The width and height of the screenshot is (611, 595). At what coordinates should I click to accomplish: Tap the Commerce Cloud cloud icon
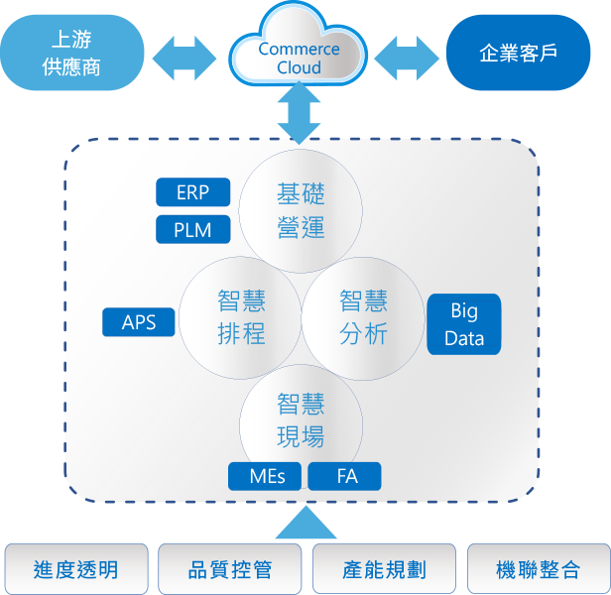pyautogui.click(x=299, y=55)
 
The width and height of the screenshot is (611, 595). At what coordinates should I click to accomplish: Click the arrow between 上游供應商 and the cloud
pyautogui.click(x=187, y=59)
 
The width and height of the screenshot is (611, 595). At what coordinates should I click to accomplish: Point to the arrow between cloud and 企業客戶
pyautogui.click(x=407, y=59)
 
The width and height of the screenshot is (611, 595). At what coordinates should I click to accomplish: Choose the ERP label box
pyautogui.click(x=192, y=192)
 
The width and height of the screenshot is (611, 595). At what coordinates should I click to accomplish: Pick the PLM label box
pyautogui.click(x=192, y=230)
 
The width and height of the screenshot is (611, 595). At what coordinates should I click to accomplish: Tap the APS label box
pyautogui.click(x=139, y=322)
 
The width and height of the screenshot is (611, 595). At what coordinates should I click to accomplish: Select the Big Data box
pyautogui.click(x=463, y=324)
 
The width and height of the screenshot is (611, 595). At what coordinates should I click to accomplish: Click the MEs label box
pyautogui.click(x=265, y=476)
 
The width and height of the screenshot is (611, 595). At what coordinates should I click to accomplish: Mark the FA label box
pyautogui.click(x=346, y=476)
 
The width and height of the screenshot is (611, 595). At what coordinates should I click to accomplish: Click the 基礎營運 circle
pyautogui.click(x=300, y=210)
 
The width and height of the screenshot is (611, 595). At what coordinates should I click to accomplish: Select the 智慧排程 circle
pyautogui.click(x=241, y=317)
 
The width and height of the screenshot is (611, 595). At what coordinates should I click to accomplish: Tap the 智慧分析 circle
pyautogui.click(x=362, y=317)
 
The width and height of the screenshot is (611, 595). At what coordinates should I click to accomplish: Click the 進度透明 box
pyautogui.click(x=75, y=569)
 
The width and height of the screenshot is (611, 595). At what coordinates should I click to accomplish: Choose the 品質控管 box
pyautogui.click(x=229, y=569)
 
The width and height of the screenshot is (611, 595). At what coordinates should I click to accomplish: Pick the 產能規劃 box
pyautogui.click(x=384, y=569)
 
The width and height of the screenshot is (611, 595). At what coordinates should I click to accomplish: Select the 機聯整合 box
pyautogui.click(x=538, y=569)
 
